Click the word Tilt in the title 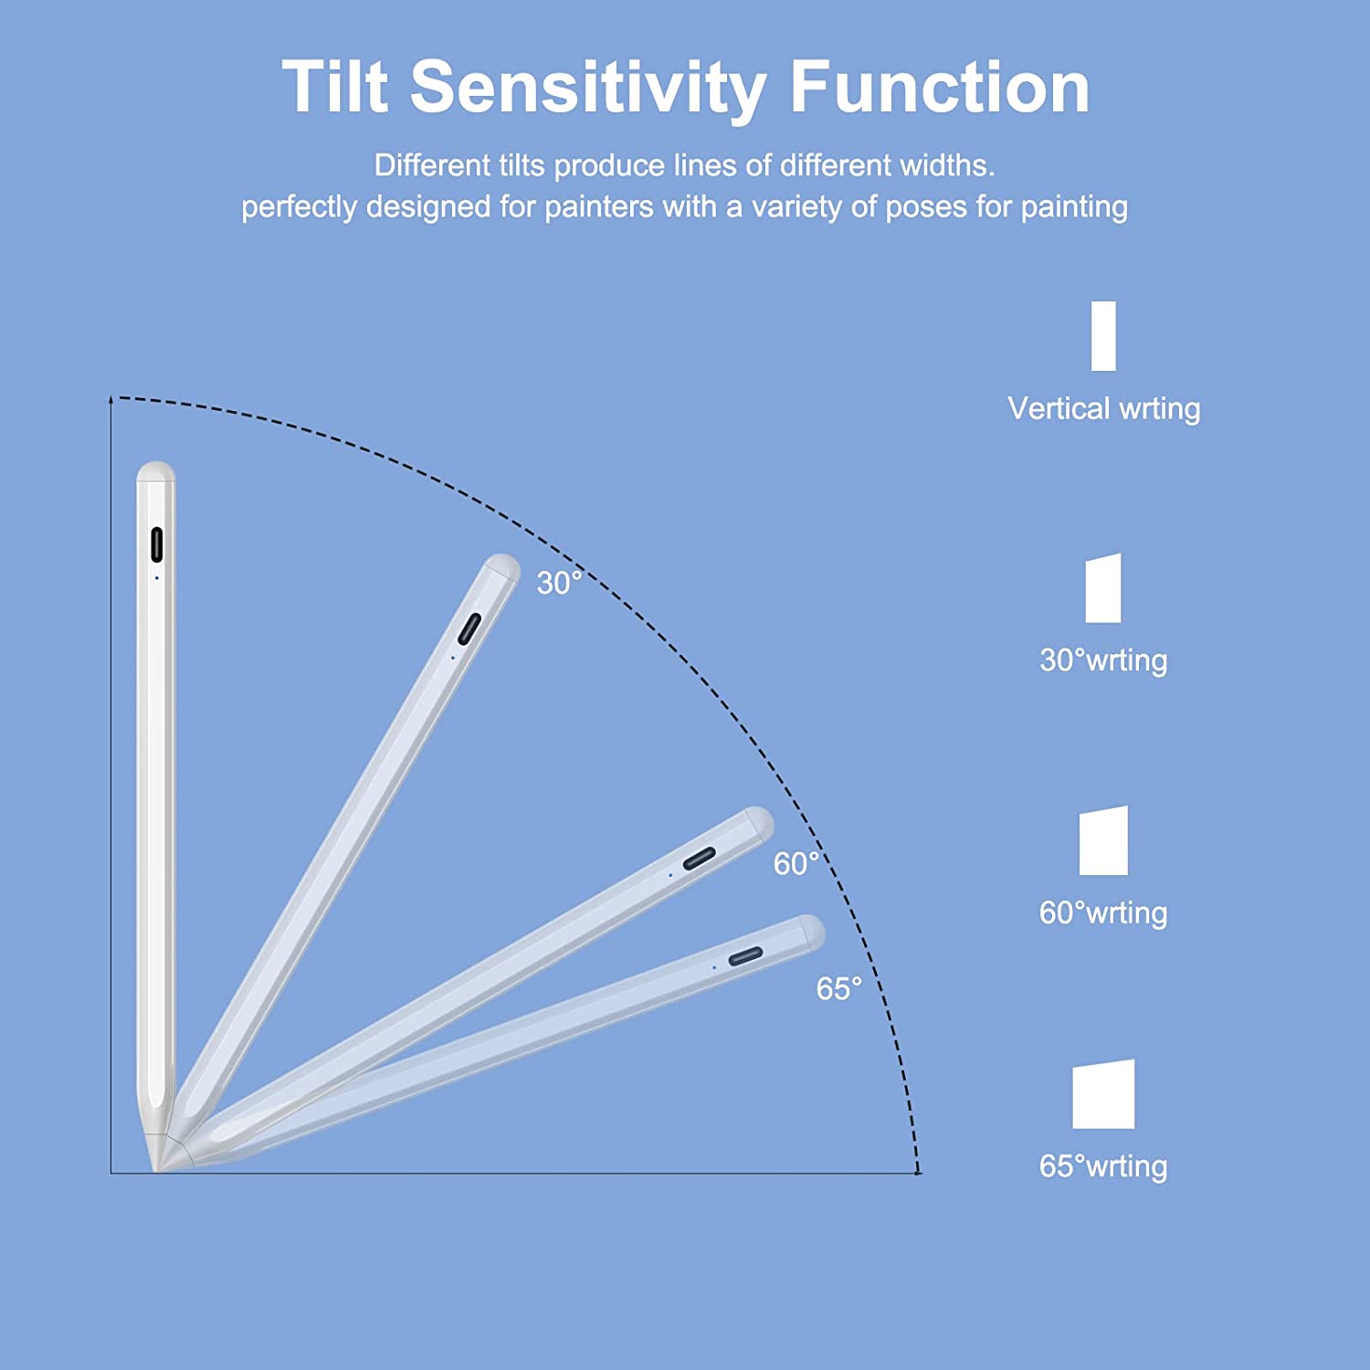tap(335, 87)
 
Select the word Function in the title tap(940, 87)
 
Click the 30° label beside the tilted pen tap(559, 583)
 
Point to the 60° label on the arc tap(796, 863)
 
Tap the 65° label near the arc tap(838, 988)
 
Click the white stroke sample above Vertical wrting tap(1103, 336)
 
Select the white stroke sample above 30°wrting tap(1103, 588)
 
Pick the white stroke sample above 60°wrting tap(1103, 840)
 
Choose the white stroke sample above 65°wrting tap(1103, 1094)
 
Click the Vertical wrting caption tap(1103, 409)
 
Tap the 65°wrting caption tap(1103, 1166)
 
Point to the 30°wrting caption tap(1103, 660)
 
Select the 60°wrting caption tap(1103, 912)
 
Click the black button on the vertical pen tap(156, 544)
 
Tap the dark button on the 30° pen tap(469, 629)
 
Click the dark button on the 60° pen tap(700, 859)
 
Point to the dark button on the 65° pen tap(745, 956)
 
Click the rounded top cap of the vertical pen tap(156, 471)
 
